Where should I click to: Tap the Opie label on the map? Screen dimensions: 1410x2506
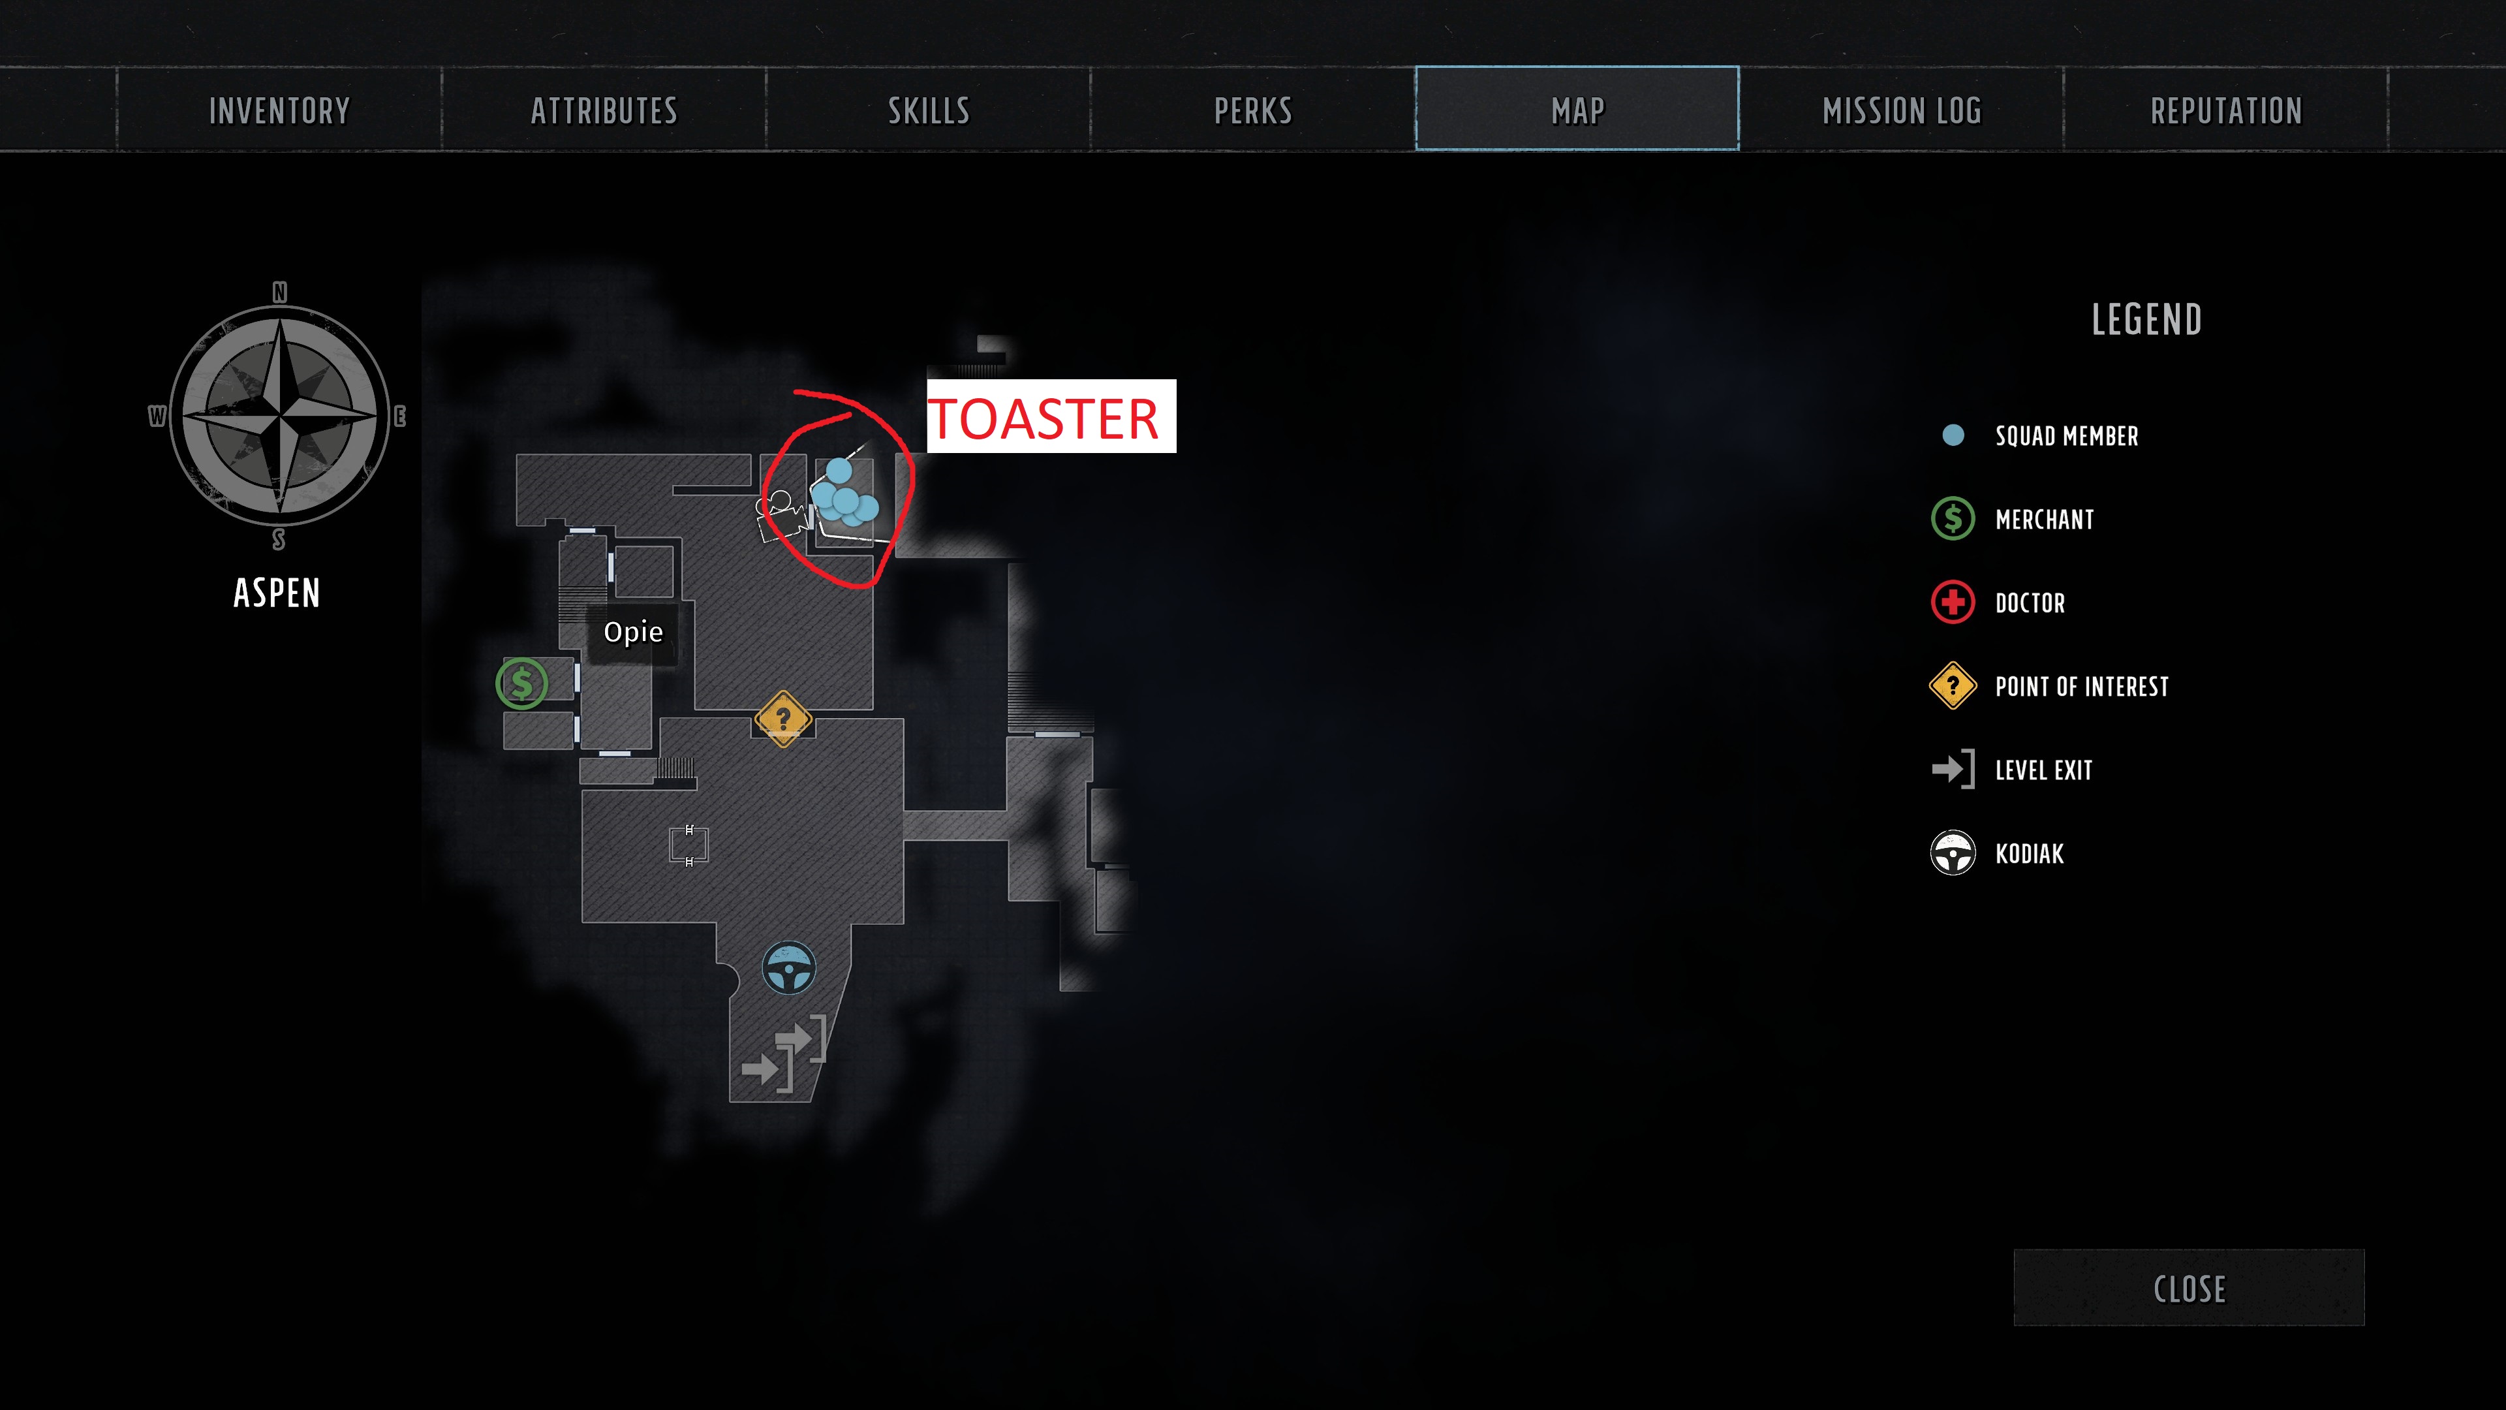[633, 633]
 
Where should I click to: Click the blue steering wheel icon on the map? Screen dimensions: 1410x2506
[788, 968]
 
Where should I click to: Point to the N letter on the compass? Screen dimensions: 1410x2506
[280, 292]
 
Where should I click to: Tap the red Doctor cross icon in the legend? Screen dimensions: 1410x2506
[1953, 603]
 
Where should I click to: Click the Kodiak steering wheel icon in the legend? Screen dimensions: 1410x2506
[1953, 853]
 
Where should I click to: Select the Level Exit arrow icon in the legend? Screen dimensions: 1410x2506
[1953, 770]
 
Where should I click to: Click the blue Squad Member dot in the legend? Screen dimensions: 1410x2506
[1953, 435]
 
